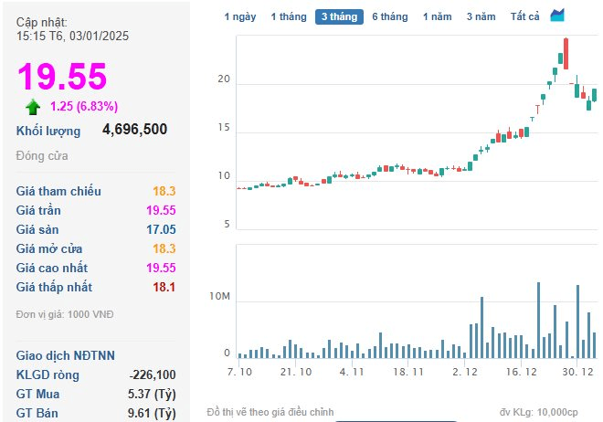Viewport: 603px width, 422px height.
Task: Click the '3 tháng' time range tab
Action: [339, 17]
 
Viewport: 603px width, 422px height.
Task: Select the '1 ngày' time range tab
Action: [240, 17]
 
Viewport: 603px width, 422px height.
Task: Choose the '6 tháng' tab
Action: [390, 17]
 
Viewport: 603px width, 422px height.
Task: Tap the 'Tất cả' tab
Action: [525, 17]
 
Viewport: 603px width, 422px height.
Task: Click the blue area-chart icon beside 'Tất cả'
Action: [557, 16]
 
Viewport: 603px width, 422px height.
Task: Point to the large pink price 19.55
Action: [62, 77]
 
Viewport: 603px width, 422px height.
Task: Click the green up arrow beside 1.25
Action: [33, 107]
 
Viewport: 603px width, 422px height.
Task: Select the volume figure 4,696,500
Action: [134, 129]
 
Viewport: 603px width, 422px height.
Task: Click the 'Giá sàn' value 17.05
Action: [161, 229]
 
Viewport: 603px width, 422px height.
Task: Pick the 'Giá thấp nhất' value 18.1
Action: [164, 287]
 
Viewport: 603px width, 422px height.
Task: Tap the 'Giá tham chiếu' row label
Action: [58, 191]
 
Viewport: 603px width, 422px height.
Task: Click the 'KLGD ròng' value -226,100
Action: [153, 375]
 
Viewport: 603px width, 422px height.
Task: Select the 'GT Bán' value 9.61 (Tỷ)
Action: [152, 413]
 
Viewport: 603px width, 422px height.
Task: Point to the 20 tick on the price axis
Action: [224, 79]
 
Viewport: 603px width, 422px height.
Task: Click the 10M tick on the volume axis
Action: [219, 296]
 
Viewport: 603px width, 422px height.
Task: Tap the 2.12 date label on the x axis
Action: [465, 372]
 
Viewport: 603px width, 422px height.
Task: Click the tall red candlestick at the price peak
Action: [566, 54]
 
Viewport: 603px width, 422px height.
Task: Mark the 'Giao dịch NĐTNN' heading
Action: [66, 355]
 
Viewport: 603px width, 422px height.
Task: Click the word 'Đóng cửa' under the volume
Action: [42, 156]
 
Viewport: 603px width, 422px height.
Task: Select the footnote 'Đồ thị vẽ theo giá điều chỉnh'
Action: [270, 412]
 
